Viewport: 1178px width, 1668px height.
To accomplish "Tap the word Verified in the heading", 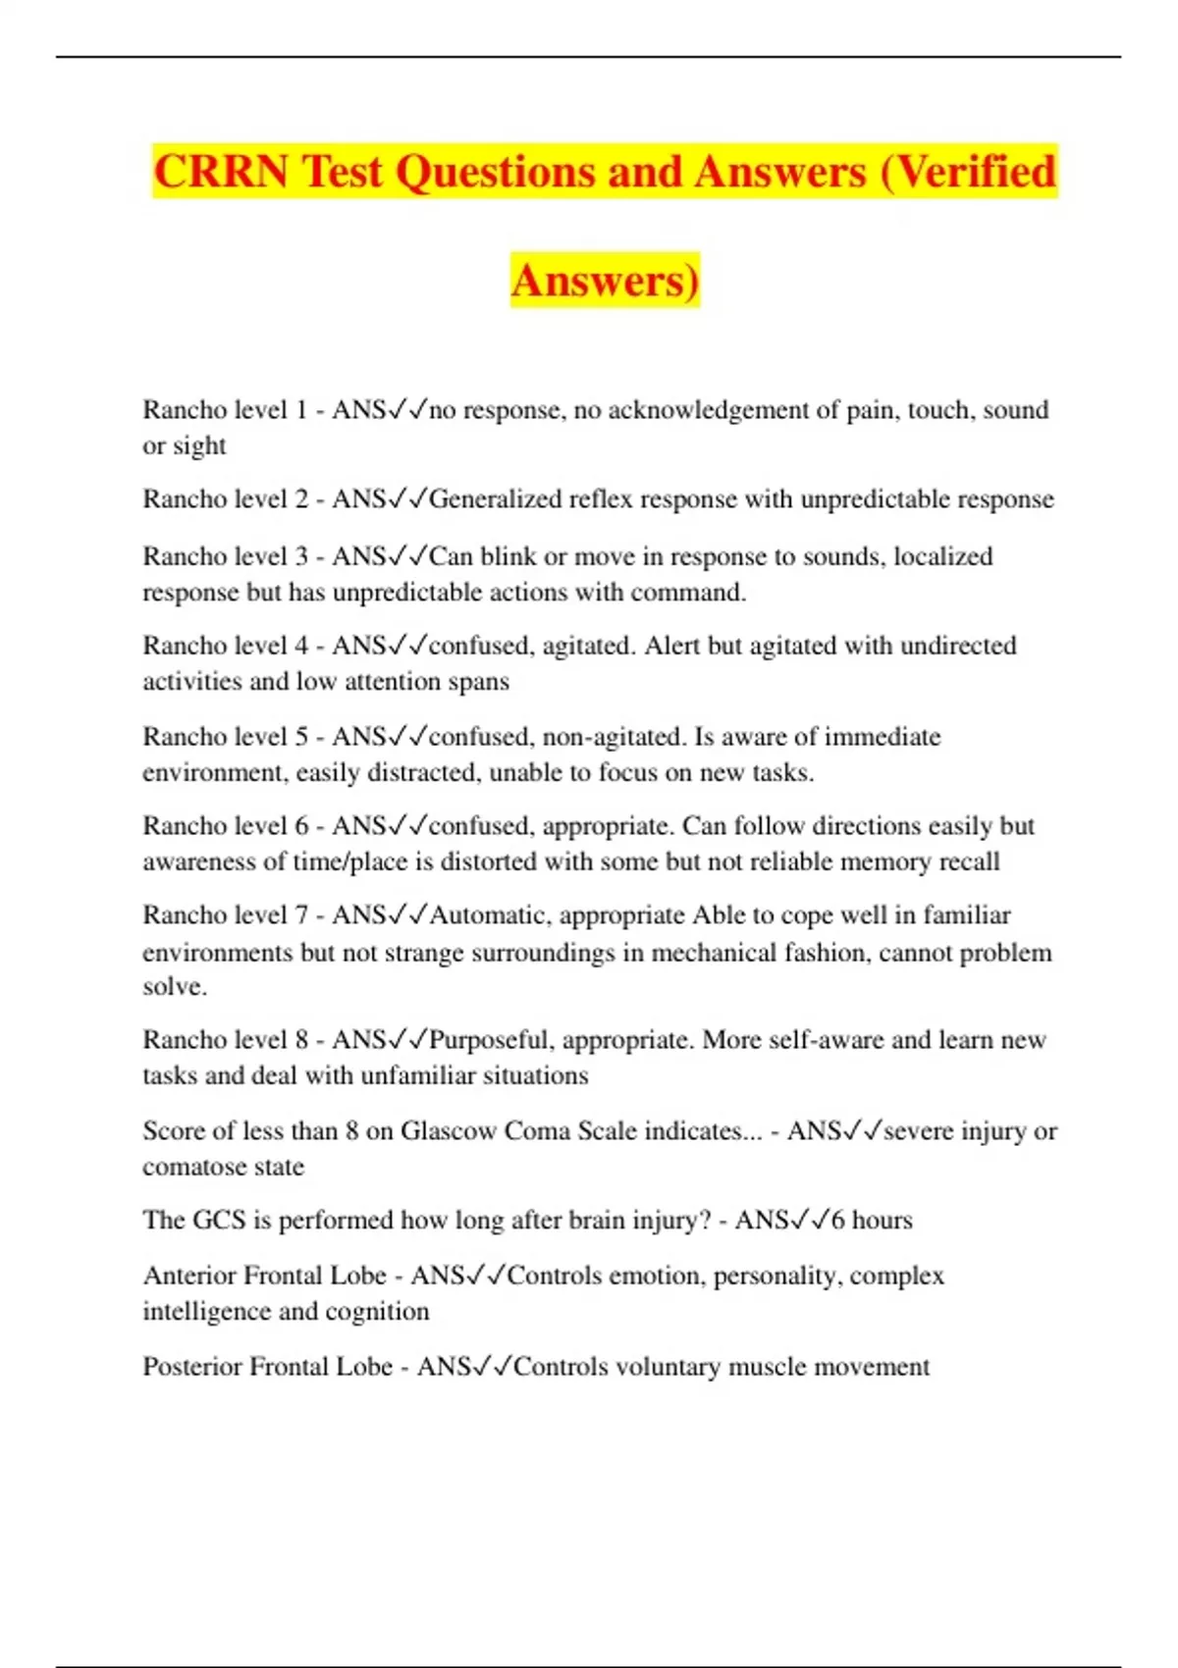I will [977, 172].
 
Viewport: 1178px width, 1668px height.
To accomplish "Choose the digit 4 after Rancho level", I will [301, 646].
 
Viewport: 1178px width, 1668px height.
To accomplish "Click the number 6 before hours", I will [837, 1221].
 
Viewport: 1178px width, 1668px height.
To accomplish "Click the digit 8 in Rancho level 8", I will [301, 1040].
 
